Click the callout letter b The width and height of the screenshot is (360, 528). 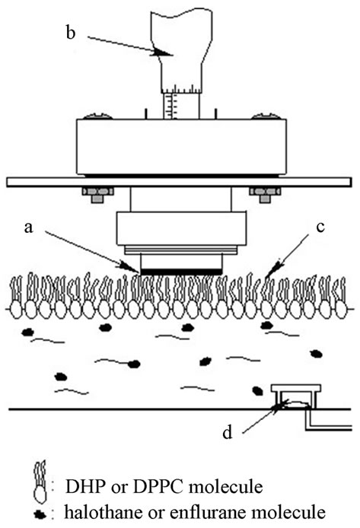coord(71,33)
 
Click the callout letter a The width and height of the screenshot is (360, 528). coord(29,228)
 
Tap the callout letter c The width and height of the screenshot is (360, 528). coord(320,227)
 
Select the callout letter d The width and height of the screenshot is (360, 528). coord(228,432)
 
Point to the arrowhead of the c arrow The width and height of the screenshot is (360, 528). coord(272,270)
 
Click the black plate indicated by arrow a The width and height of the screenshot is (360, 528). coord(181,272)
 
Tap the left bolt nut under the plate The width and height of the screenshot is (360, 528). coord(97,194)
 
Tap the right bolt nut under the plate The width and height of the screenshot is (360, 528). coord(265,194)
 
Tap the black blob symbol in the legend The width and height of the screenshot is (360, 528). coord(40,514)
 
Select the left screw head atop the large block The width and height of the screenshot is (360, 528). coord(97,116)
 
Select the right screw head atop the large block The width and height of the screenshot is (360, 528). coord(266,116)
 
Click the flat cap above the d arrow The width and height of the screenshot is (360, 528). coord(296,388)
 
